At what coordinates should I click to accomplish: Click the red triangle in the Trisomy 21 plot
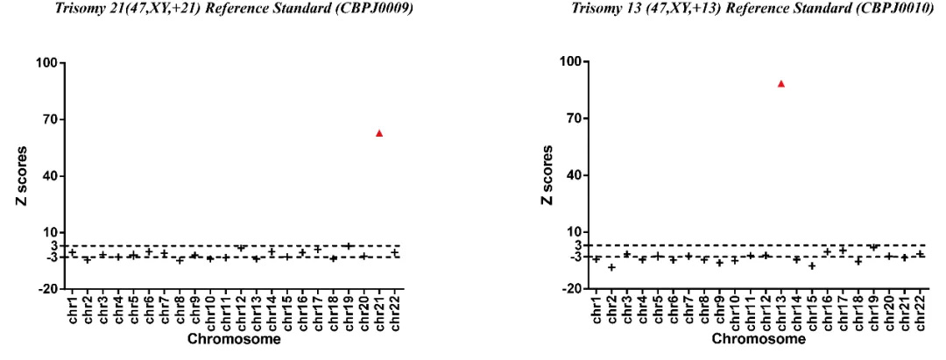[379, 133]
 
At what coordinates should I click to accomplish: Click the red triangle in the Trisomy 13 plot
[781, 84]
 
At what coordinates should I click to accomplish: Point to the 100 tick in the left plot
[46, 63]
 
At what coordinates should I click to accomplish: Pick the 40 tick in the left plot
[49, 176]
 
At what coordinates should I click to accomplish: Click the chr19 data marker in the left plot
[349, 246]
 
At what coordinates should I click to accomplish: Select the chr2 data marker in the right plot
[612, 267]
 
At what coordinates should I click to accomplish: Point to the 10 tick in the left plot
[49, 232]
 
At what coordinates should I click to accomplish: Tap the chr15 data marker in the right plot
[812, 265]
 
